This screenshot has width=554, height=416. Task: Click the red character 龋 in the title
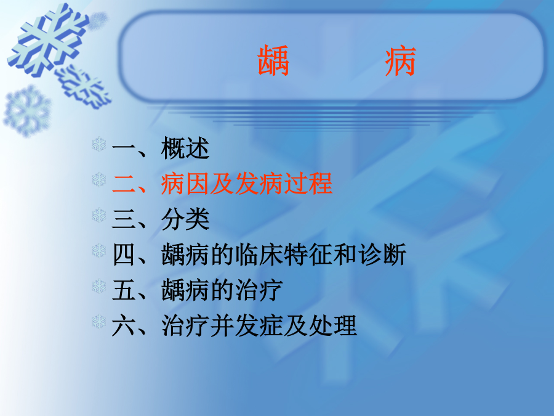(x=273, y=61)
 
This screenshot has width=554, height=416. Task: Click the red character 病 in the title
(x=400, y=62)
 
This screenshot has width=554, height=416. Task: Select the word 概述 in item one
(x=185, y=148)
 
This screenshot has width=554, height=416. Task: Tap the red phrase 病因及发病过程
(x=246, y=183)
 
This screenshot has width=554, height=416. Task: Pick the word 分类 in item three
(x=185, y=219)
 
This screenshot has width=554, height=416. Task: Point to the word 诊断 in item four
(x=382, y=255)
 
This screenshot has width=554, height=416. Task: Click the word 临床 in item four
(x=259, y=255)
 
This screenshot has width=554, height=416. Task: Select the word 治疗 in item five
(x=259, y=290)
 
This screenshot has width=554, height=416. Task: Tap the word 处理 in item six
(x=332, y=325)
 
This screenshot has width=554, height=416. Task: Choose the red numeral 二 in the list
(x=124, y=184)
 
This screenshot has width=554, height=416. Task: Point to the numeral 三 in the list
(x=124, y=219)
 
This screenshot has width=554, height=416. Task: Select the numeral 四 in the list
(x=124, y=255)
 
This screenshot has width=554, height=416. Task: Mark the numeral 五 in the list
(x=124, y=290)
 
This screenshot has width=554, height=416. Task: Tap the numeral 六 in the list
(x=124, y=325)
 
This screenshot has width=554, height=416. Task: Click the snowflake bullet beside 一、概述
(x=99, y=144)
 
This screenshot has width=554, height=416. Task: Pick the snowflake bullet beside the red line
(x=99, y=180)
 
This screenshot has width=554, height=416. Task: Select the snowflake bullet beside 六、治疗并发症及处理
(x=99, y=322)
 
